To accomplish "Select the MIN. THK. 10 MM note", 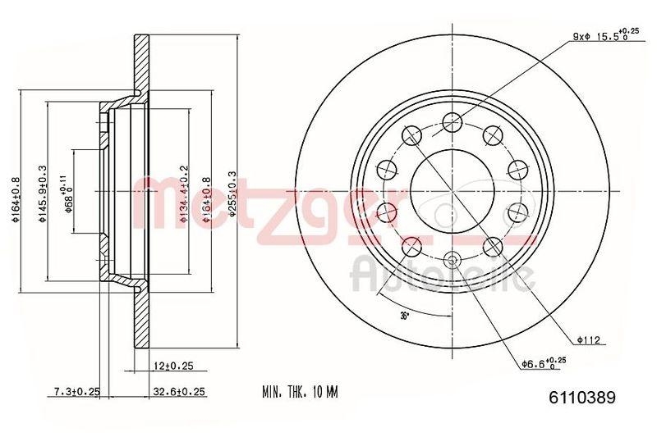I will [300, 393].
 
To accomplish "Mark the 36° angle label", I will [403, 316].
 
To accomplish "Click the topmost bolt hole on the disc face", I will [451, 123].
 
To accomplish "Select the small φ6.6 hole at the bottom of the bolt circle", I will [451, 262].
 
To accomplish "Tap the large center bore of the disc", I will [451, 192].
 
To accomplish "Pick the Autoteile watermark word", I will [439, 275].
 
